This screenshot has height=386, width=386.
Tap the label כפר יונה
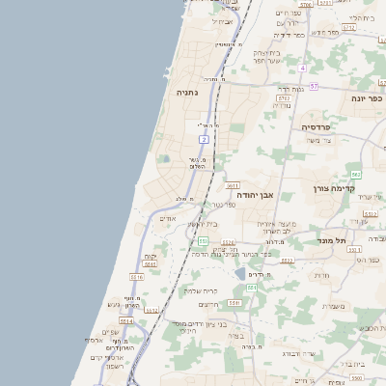[368, 97]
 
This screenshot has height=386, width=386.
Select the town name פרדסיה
[316, 126]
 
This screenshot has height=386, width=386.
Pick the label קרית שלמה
[201, 289]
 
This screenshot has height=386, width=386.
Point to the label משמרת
[331, 306]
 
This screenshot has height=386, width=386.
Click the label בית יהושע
[202, 225]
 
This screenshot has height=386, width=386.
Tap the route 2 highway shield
[204, 140]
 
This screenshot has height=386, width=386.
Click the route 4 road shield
[301, 69]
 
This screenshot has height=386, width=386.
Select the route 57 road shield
[315, 86]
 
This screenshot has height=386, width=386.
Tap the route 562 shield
[355, 174]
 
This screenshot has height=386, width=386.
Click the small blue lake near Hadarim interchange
[238, 274]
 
